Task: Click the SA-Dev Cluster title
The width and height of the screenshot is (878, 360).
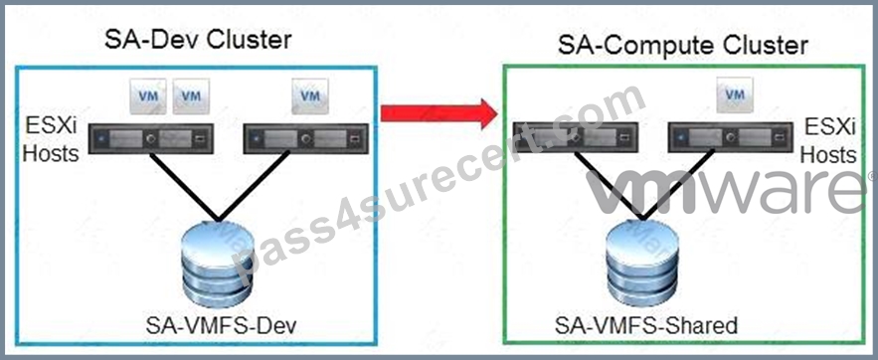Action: (198, 41)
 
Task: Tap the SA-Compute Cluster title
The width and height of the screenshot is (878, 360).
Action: (682, 45)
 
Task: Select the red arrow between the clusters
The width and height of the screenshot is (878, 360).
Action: (439, 113)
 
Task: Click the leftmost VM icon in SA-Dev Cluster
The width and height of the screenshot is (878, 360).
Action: (148, 95)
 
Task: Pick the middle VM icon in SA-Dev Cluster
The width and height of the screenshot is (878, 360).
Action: (191, 95)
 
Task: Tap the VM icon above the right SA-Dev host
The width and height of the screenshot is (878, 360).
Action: (309, 95)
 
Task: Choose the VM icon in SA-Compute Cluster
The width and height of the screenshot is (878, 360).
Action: (735, 95)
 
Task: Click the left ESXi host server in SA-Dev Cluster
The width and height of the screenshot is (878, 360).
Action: (150, 137)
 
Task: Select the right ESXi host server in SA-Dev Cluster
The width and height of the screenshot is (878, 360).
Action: (305, 137)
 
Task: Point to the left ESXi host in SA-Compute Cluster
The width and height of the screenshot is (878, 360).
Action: (576, 137)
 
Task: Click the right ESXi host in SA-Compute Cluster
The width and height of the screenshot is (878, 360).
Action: (730, 137)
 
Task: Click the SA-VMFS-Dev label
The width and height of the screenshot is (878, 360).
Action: (220, 326)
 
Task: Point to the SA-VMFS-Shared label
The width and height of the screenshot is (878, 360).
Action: (646, 325)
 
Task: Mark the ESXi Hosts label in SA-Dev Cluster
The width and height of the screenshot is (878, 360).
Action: (51, 139)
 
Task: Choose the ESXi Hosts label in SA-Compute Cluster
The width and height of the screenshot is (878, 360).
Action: (828, 140)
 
